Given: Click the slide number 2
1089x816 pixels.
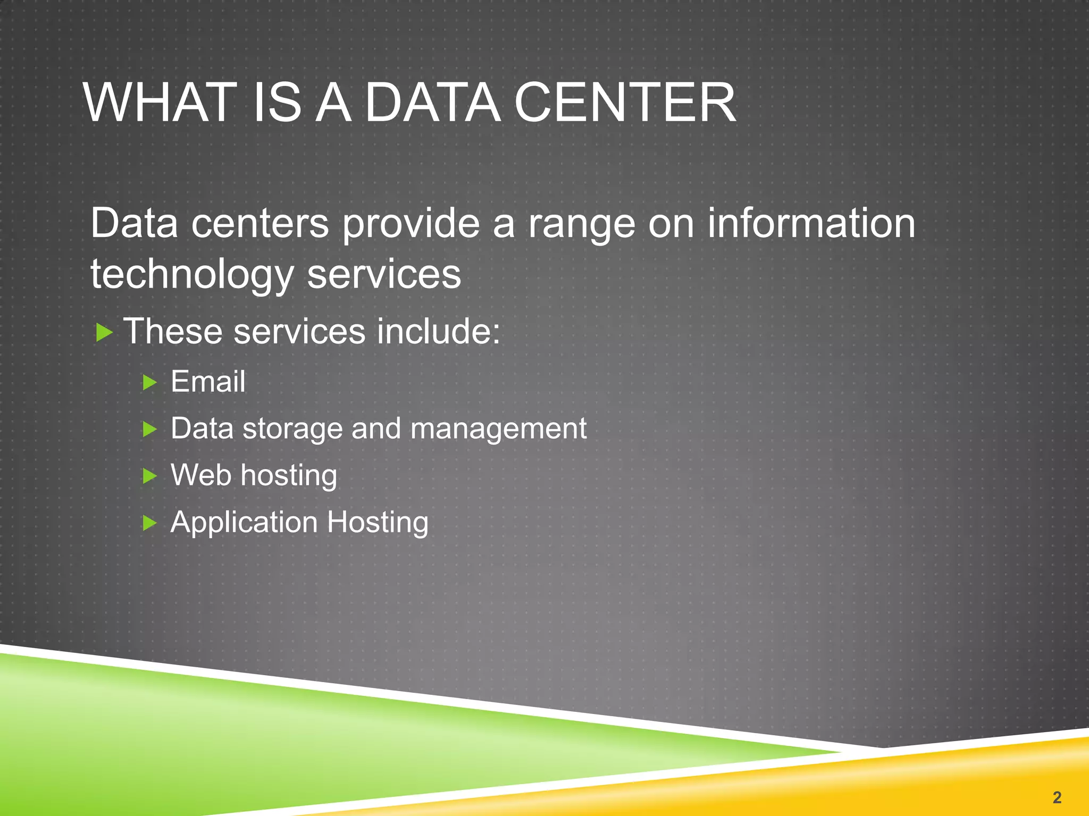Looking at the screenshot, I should click(1057, 797).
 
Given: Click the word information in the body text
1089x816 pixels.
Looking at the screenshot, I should click(811, 223).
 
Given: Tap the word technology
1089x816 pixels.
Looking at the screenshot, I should click(192, 275).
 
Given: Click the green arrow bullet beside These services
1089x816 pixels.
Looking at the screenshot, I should click(104, 333).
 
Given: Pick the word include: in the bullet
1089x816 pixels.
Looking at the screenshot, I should click(438, 331).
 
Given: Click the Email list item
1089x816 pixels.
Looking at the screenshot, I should click(208, 381).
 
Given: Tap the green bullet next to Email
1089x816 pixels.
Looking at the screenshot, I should click(150, 382).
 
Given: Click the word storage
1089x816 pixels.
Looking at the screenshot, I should click(292, 428).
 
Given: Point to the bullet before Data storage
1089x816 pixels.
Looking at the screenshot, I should click(150, 429).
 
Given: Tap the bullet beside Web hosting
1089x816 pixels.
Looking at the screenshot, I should click(150, 476).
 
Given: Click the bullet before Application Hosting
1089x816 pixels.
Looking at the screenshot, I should click(150, 523).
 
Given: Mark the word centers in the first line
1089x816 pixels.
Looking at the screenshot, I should click(260, 223).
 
